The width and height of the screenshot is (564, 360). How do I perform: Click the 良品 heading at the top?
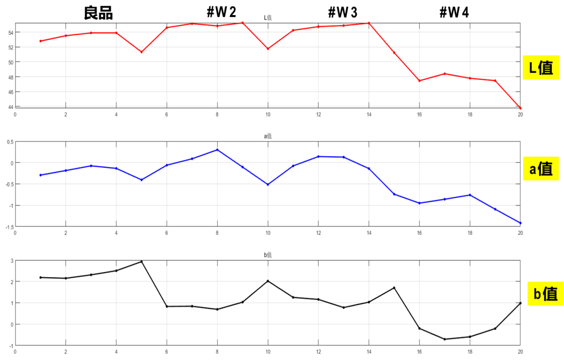[x=98, y=13]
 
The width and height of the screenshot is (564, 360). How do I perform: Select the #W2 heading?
[x=221, y=13]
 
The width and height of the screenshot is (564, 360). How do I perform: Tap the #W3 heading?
[x=342, y=13]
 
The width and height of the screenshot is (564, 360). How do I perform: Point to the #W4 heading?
[x=454, y=13]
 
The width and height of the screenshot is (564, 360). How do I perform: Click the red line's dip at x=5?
[x=141, y=52]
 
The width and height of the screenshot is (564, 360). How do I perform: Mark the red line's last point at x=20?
[x=520, y=109]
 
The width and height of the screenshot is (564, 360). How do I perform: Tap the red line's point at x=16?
[x=419, y=81]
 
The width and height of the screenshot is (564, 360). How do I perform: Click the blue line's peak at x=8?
[x=217, y=150]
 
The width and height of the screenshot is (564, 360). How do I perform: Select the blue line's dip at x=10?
[x=268, y=185]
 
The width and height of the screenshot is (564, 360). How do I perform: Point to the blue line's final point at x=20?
[x=520, y=223]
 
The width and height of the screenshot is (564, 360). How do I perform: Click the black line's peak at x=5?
[x=141, y=261]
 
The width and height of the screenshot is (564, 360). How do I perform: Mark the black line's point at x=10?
[x=268, y=281]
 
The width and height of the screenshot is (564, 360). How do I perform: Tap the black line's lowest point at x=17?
[x=445, y=339]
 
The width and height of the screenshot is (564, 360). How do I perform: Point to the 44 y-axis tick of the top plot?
[x=10, y=107]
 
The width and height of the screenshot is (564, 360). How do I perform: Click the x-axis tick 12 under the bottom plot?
[x=318, y=351]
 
